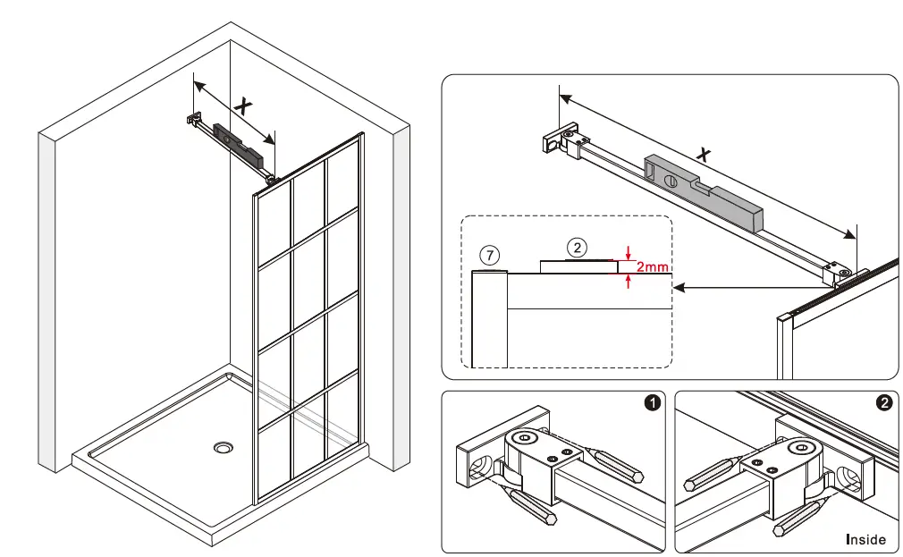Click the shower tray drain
pos(222,446)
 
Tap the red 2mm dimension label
pos(652,266)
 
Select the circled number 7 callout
pos(488,253)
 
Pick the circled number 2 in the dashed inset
pos(578,247)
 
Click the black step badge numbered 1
pos(653,403)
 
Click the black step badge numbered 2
pos(884,403)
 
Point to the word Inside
pos(865,539)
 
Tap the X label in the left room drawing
pos(242,105)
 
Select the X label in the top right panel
pos(705,154)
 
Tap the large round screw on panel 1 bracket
pos(524,438)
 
